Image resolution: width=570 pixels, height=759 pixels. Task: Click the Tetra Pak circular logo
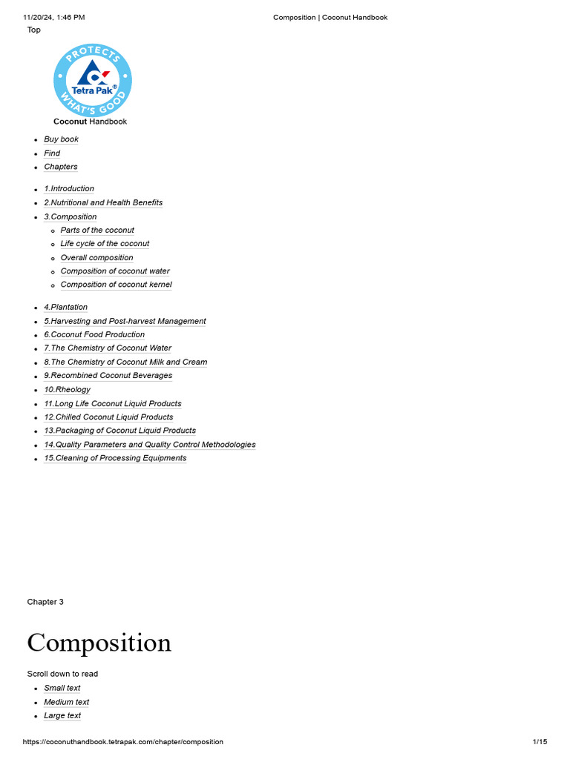point(93,80)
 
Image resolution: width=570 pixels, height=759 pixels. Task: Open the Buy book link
point(61,139)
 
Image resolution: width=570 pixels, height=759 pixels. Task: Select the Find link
point(52,153)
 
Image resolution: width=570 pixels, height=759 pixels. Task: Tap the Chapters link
point(61,167)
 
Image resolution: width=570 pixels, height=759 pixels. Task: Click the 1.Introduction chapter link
point(69,189)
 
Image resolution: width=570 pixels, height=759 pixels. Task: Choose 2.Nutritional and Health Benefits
point(103,202)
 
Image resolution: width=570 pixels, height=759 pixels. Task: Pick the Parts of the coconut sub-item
point(97,231)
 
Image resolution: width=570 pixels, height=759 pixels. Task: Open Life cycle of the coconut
point(105,244)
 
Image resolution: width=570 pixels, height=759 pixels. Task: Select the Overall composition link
point(97,258)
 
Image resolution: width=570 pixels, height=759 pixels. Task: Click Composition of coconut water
point(115,271)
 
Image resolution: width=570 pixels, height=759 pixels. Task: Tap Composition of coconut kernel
point(116,285)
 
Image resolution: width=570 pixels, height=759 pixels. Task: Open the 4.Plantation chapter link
point(65,308)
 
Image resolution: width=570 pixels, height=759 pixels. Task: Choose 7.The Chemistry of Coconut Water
point(108,348)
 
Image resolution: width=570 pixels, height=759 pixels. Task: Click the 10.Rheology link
point(67,390)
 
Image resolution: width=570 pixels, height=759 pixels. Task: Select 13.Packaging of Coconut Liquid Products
point(119,431)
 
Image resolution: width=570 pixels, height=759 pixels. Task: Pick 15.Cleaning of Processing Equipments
point(115,458)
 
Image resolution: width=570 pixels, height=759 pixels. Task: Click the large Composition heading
point(99,643)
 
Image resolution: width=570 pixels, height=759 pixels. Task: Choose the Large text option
point(62,716)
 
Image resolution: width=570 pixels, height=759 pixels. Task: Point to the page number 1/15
point(540,742)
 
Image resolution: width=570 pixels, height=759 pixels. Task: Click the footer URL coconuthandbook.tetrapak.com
point(122,742)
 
